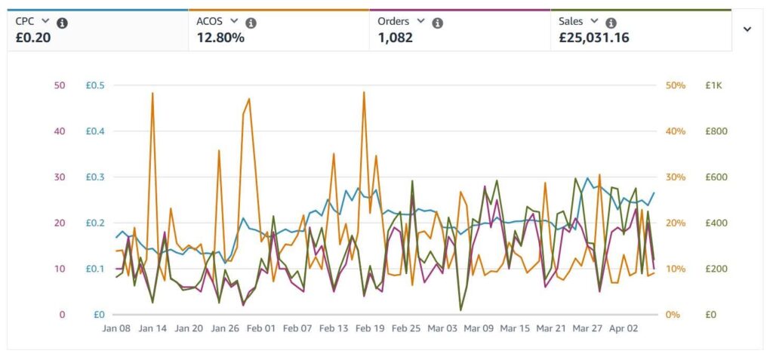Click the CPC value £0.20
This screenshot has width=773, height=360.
pos(32,38)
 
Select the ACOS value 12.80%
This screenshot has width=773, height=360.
pos(220,38)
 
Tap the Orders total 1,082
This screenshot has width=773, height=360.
pos(395,38)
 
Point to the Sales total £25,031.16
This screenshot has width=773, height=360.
pos(593,38)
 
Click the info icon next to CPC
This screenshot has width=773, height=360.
pos(63,23)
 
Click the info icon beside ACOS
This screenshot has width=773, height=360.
pos(251,23)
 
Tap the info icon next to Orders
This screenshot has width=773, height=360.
pos(437,23)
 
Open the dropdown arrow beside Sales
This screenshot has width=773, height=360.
pos(594,22)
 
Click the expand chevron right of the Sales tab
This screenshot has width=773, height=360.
pos(747,29)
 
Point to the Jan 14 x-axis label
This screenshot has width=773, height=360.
pos(152,329)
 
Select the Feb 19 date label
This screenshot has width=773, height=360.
pos(370,329)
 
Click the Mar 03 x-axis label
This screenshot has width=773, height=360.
pos(442,329)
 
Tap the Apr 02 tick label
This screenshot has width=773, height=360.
pos(624,329)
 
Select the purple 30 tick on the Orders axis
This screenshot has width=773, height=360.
pos(60,177)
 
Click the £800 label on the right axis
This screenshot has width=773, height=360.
pos(716,131)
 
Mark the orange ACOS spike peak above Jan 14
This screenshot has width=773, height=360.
pos(152,94)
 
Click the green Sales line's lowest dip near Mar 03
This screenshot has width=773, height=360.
pos(460,310)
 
